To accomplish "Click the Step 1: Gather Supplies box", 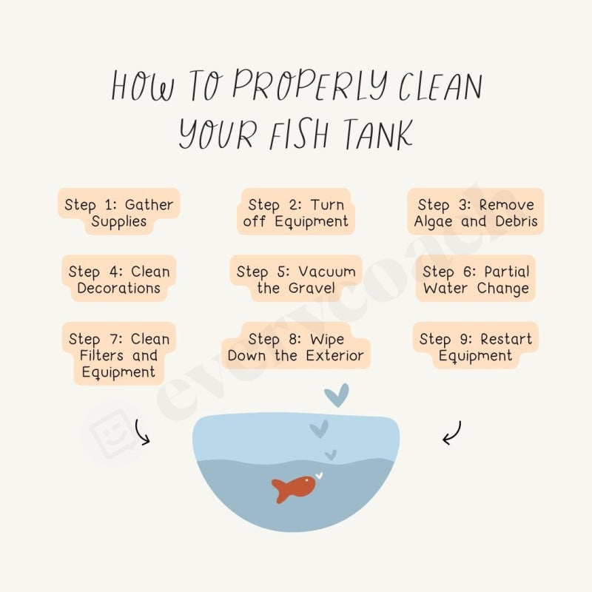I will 118,213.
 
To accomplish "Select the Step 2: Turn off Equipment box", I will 295,213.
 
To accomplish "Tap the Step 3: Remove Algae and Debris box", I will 475,213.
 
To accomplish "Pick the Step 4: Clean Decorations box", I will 118,280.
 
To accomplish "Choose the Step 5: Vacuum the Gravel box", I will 295,280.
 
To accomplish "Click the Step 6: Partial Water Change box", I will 475,280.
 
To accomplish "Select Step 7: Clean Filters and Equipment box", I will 118,355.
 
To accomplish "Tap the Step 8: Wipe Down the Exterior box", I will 295,347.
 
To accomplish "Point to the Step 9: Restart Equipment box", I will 475,347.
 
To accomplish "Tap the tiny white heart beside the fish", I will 319,476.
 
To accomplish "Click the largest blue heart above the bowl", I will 336,394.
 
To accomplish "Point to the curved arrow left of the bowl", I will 142,432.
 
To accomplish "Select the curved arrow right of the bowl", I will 452,432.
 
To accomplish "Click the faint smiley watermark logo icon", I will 112,432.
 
